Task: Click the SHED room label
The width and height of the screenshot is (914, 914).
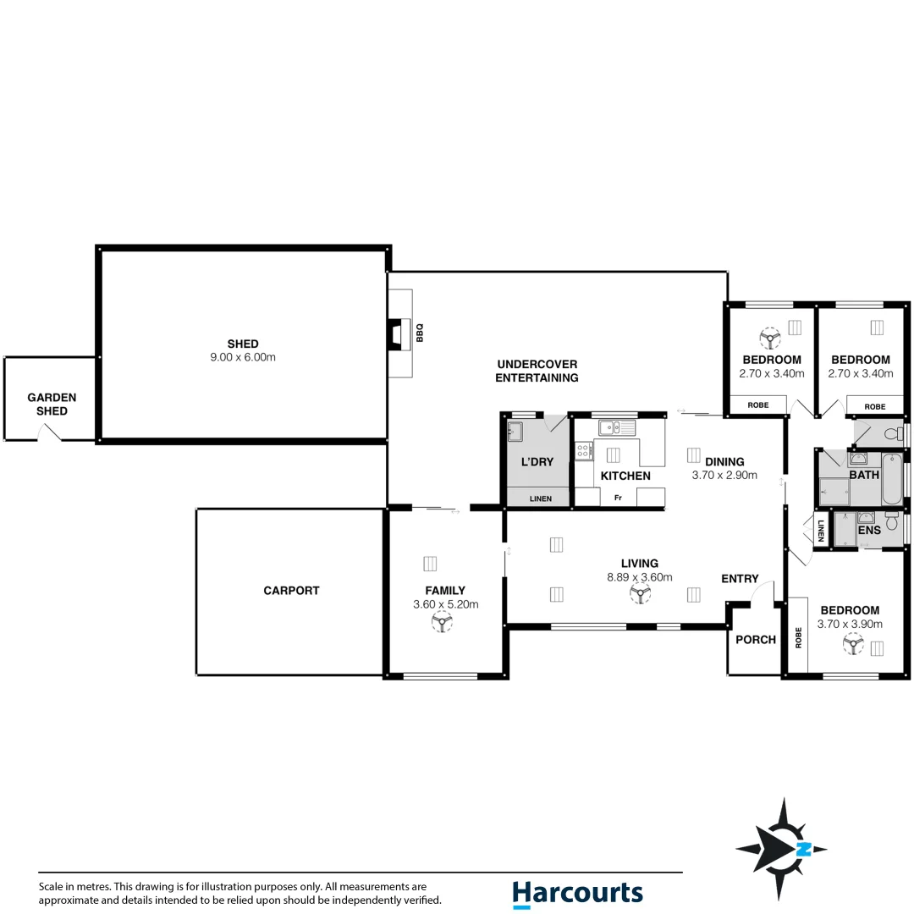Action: [x=243, y=344]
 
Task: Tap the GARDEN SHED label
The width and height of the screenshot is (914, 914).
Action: [x=52, y=404]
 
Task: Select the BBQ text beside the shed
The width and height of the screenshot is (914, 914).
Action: [x=419, y=333]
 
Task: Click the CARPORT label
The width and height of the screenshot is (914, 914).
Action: [x=291, y=591]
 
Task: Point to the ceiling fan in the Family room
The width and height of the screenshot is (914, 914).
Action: [x=441, y=624]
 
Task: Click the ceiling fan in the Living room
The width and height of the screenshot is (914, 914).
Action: [x=641, y=596]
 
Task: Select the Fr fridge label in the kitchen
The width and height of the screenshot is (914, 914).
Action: [x=618, y=498]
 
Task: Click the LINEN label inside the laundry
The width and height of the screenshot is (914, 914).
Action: [x=540, y=498]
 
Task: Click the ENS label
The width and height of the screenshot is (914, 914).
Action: [x=869, y=530]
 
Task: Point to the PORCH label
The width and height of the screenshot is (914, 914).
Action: [x=755, y=640]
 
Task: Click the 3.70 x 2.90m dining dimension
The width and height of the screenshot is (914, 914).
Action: [x=724, y=475]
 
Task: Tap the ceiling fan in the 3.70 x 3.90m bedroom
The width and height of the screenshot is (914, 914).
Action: [x=853, y=647]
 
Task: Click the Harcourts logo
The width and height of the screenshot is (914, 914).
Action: [x=577, y=894]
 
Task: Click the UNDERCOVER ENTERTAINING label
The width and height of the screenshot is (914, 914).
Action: [x=537, y=371]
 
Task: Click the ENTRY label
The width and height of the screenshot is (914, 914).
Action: [x=740, y=579]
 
